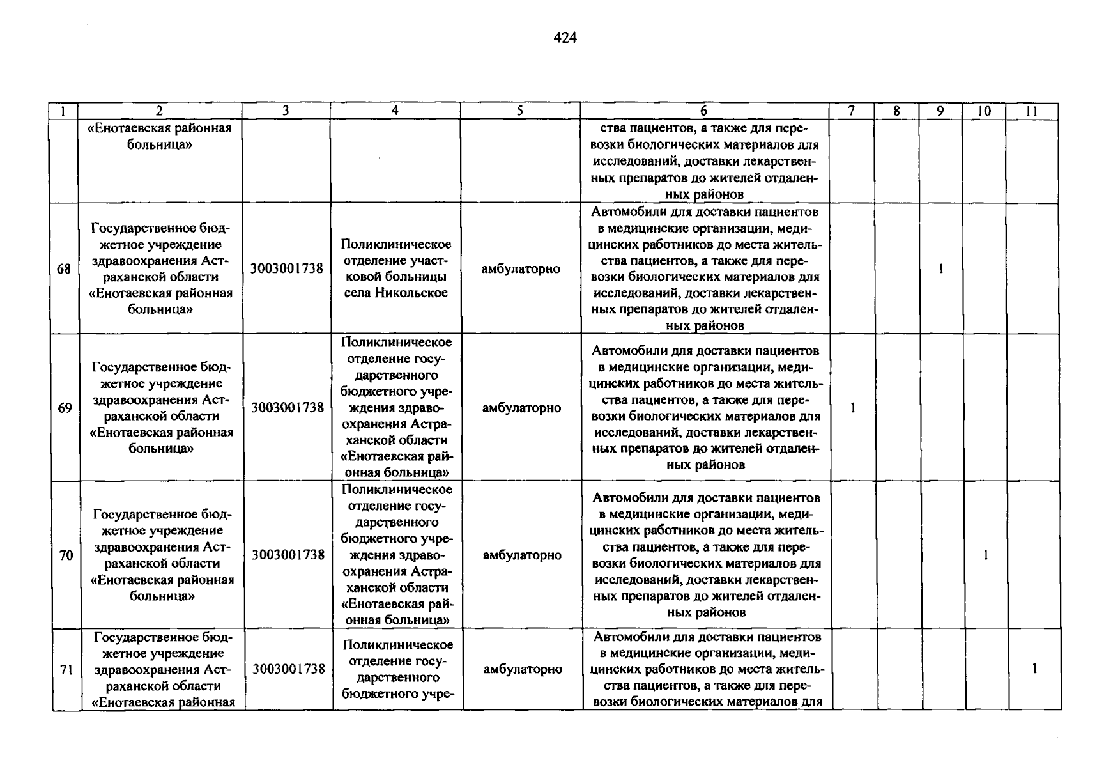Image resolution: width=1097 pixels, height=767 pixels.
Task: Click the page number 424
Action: click(565, 38)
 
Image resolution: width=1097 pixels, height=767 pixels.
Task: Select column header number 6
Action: click(704, 111)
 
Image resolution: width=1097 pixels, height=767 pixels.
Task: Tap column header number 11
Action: click(1031, 111)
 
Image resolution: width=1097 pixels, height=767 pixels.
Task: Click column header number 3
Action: click(286, 111)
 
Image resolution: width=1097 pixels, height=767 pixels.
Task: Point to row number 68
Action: click(64, 269)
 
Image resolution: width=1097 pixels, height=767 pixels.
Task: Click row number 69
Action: click(65, 408)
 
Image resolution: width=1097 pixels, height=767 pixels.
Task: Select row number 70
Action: click(66, 555)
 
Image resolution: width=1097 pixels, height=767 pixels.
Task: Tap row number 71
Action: click(66, 670)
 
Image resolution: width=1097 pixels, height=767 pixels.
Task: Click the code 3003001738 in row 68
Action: click(287, 269)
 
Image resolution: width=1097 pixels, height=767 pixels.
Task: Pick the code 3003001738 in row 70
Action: click(288, 555)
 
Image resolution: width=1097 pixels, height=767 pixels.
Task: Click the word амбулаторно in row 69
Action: click(521, 408)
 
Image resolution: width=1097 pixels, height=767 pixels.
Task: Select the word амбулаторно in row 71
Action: click(523, 669)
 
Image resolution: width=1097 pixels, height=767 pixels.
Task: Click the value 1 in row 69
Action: click(853, 408)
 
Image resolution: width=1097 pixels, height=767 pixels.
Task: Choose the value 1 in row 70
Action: click(986, 555)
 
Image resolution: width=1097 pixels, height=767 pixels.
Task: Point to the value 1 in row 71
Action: click(1034, 669)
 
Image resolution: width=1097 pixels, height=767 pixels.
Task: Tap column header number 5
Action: click(520, 111)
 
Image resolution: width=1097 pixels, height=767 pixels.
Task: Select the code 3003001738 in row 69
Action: click(288, 408)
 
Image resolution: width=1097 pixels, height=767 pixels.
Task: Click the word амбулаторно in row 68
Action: click(521, 269)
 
